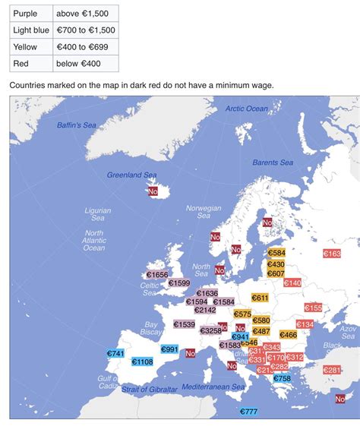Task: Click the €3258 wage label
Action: [210, 330]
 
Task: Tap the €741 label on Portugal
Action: [115, 354]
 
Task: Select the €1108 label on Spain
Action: [142, 362]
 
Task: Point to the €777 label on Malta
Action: [249, 412]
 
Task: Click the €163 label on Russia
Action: [332, 254]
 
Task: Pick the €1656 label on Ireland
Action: [156, 275]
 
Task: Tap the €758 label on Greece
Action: [282, 378]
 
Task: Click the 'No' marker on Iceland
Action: [153, 192]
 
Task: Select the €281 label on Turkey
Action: [332, 370]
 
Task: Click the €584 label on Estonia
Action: [276, 253]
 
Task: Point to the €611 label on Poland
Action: [261, 298]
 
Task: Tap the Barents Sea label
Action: [273, 163]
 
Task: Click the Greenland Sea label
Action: [131, 175]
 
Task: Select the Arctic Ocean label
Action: [247, 109]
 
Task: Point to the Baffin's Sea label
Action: [77, 125]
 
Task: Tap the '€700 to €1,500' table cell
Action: [85, 30]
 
